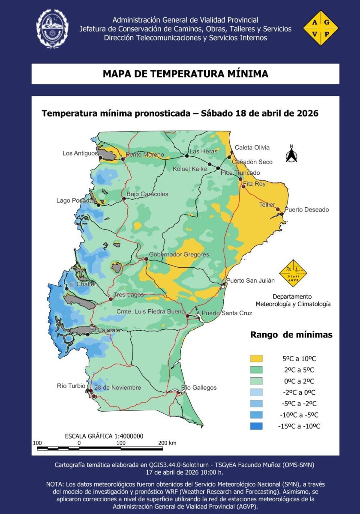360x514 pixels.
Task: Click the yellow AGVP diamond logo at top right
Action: click(321, 28)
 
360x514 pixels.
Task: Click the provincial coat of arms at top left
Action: click(52, 28)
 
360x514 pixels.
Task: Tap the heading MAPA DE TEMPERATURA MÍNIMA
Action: click(185, 74)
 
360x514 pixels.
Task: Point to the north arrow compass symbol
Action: click(291, 155)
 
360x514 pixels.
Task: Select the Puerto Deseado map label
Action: click(306, 209)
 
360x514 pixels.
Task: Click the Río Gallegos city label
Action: click(199, 388)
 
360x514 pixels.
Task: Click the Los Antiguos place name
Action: click(80, 153)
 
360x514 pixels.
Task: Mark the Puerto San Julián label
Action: click(250, 281)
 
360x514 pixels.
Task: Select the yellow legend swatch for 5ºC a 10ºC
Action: click(257, 359)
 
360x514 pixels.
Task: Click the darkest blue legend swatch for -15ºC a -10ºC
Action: click(257, 426)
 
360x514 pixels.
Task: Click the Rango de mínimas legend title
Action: click(291, 335)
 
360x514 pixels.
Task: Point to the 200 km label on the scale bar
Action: click(167, 443)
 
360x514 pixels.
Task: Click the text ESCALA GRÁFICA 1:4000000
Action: click(104, 436)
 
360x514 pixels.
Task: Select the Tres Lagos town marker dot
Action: click(110, 296)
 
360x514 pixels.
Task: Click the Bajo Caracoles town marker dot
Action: click(123, 198)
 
